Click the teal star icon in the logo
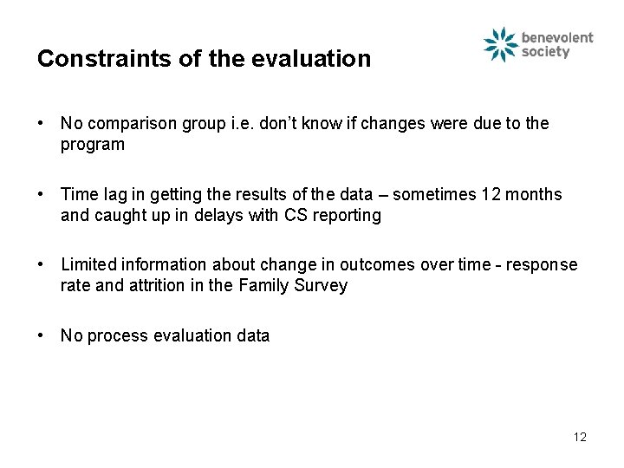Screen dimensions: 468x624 [500, 45]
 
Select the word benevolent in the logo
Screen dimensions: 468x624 [557, 37]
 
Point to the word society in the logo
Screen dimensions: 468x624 [546, 52]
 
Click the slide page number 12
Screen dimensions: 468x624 [580, 437]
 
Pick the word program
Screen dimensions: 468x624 [92, 145]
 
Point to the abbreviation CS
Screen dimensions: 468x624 [290, 216]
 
